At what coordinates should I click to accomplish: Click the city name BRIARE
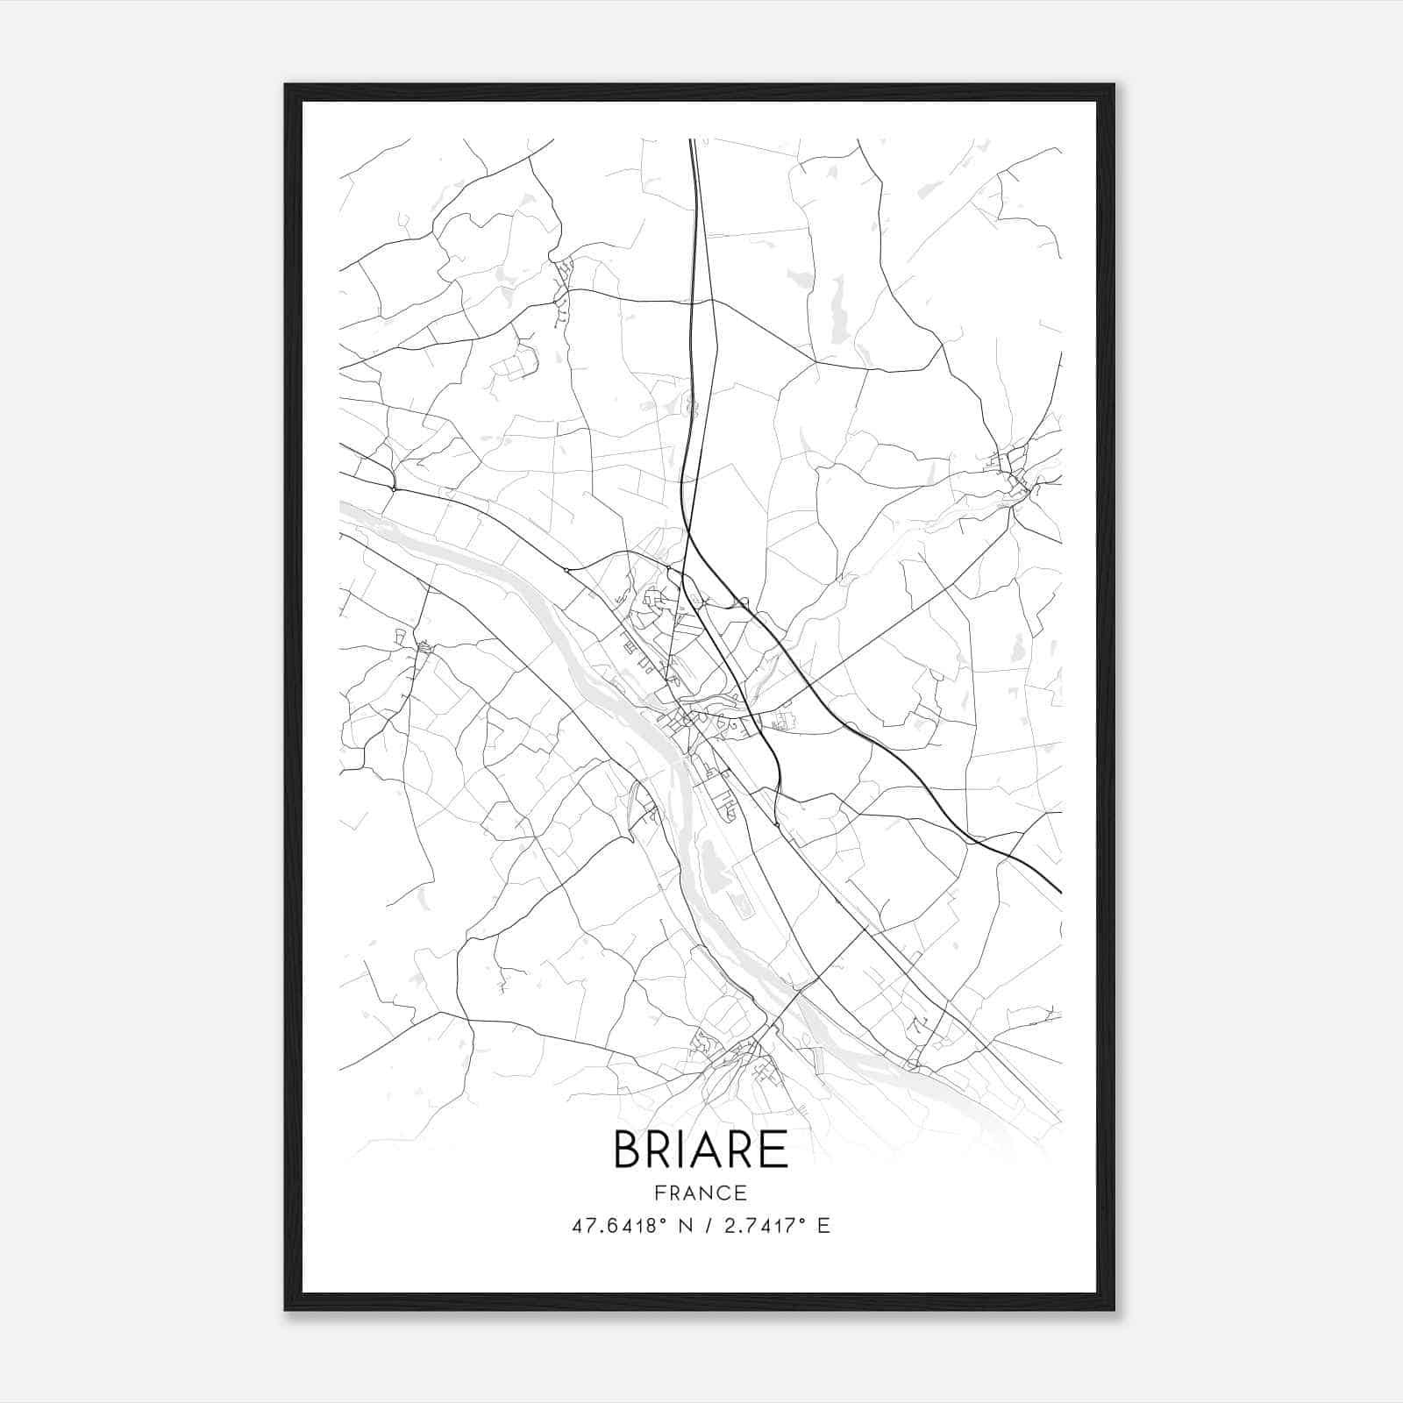(x=701, y=1150)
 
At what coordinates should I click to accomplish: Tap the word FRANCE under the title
(x=701, y=1193)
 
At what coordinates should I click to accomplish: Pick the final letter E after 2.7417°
(x=823, y=1226)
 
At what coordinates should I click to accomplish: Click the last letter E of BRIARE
(x=774, y=1150)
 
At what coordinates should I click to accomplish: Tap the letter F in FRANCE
(x=659, y=1193)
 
